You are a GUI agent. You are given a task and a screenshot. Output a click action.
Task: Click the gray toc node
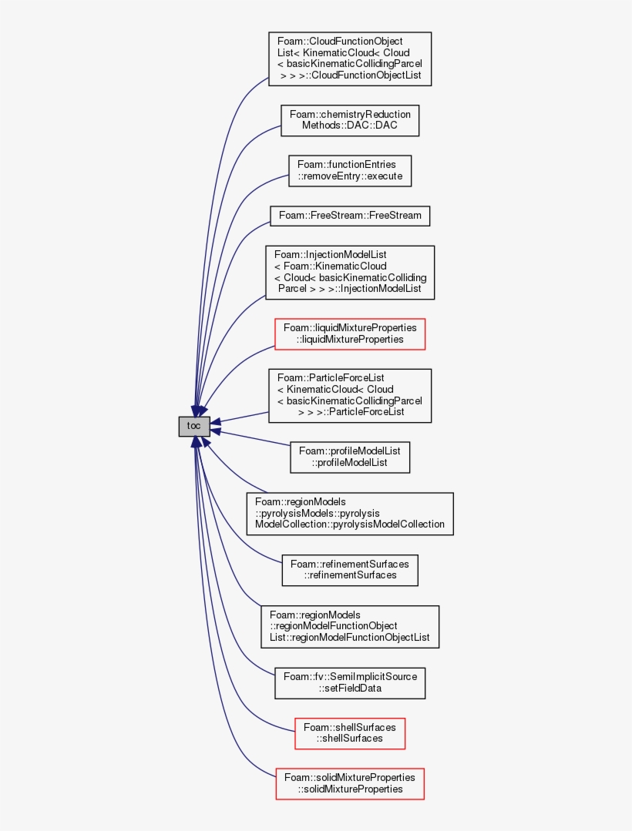coord(194,426)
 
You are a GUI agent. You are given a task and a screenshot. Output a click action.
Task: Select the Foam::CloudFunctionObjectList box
coord(349,59)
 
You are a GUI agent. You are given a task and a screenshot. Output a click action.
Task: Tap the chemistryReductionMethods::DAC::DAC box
coord(349,120)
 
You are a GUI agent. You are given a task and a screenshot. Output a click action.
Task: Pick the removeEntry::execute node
coord(349,170)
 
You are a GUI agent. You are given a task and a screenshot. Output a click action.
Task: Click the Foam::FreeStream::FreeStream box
coord(349,216)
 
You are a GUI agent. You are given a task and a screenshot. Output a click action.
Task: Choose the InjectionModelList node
coord(349,273)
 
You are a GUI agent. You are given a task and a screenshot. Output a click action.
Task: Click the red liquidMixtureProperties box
coord(349,333)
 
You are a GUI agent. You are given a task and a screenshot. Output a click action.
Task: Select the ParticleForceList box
coord(349,395)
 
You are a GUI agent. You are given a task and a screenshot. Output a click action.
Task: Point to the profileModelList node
coord(349,457)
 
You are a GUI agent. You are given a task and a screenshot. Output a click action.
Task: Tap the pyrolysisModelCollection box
coord(349,514)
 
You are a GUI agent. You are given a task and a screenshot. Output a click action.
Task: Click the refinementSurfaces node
coord(349,569)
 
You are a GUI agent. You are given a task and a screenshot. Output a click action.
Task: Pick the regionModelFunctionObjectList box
coord(349,626)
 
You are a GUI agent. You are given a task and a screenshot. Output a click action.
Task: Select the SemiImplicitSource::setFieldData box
coord(349,682)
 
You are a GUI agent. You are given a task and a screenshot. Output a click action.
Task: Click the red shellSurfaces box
coord(349,732)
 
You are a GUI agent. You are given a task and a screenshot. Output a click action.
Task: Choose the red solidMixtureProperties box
coord(349,782)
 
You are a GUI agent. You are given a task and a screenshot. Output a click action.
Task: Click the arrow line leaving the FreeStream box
coord(254,230)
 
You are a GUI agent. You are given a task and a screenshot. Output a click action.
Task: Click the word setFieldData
coord(351,689)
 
